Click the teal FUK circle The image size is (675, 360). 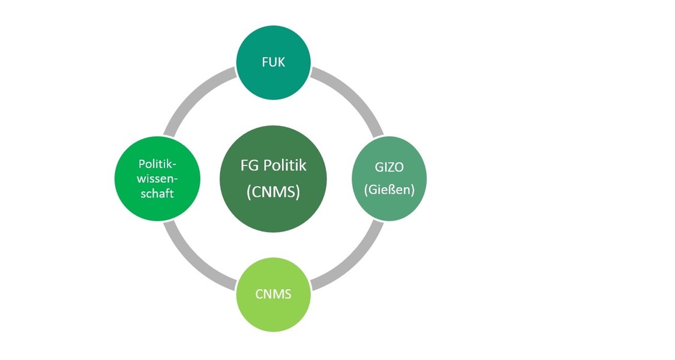pos(274,62)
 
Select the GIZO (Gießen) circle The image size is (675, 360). pos(389,179)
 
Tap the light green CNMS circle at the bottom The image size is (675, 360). pos(274,295)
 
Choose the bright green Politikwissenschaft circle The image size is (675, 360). pos(158,179)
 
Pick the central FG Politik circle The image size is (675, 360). pos(274,179)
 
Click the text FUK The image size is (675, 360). pos(274,62)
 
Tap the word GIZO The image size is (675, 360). pos(389,167)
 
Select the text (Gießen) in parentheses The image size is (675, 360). pos(389,190)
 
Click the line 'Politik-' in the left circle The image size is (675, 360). pos(158,164)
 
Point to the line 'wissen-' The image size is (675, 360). pos(158,179)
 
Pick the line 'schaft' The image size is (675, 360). pos(157,193)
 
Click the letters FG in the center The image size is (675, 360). pos(248,166)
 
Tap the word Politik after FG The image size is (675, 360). pos(284,165)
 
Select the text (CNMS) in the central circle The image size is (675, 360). pos(274,191)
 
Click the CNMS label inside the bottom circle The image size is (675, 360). pos(274,295)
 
